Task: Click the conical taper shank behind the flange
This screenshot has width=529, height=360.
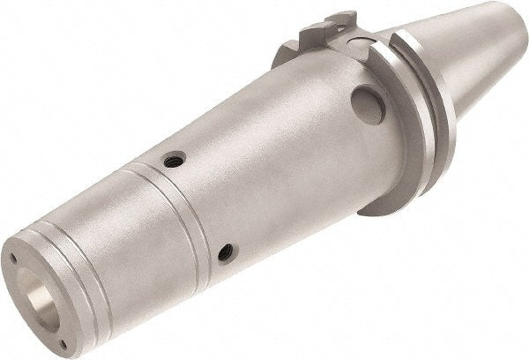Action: [467, 62]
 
